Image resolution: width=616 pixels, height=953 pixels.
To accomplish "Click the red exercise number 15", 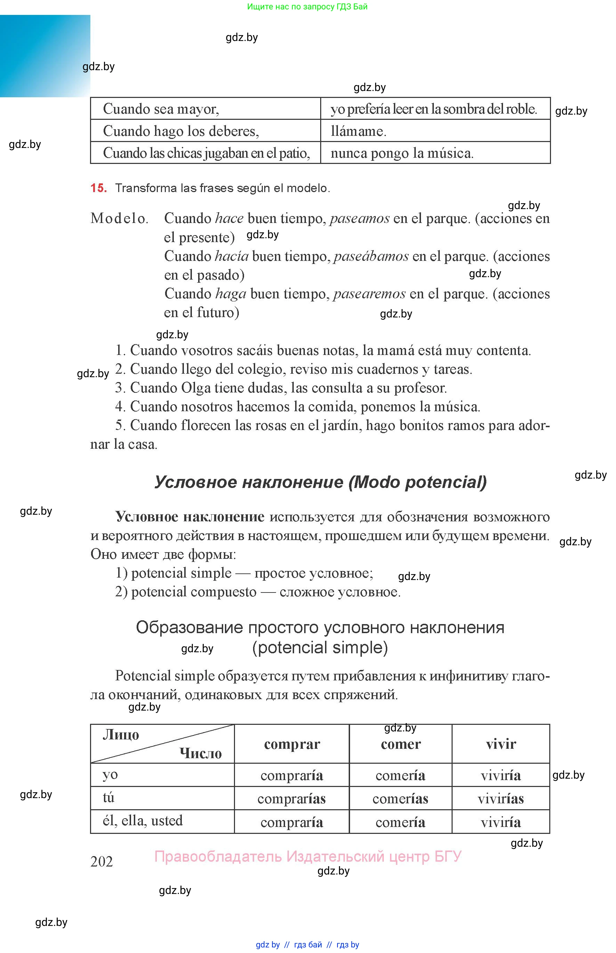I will tap(98, 188).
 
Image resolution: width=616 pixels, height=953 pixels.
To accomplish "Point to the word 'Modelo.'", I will tap(119, 218).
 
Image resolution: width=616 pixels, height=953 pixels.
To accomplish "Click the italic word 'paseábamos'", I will tap(371, 256).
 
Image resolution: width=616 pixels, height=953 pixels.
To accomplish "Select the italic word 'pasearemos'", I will tap(369, 294).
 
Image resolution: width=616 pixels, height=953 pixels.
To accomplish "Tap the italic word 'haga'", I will tap(231, 294).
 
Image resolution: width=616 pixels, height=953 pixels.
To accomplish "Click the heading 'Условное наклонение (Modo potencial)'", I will tap(321, 482).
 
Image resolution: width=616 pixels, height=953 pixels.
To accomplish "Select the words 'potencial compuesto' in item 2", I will tap(194, 592).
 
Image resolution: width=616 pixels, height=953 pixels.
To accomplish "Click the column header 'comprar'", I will tap(292, 744).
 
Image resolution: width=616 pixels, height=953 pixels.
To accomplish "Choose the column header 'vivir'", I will tap(501, 744).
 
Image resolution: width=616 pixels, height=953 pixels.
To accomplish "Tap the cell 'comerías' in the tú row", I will tap(400, 799).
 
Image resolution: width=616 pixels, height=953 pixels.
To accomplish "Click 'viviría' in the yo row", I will tap(501, 776).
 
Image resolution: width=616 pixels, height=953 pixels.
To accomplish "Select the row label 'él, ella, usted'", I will tap(143, 820).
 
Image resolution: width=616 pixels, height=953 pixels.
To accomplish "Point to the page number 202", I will tap(102, 861).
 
